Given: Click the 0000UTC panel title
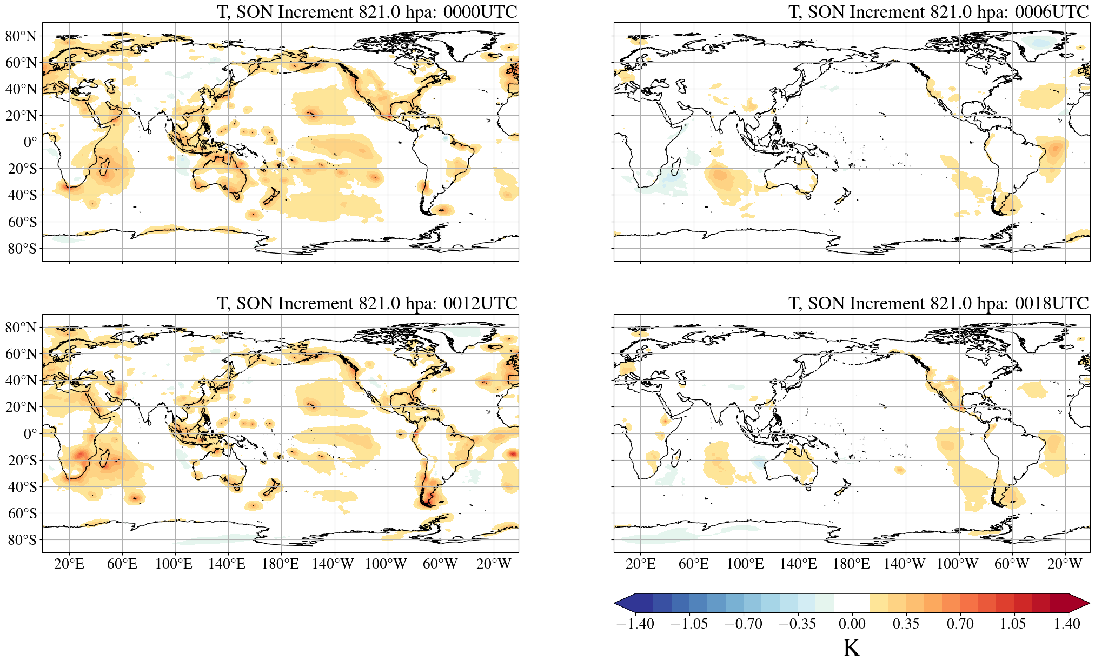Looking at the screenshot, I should click(367, 12).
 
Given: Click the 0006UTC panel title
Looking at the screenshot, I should click(938, 12).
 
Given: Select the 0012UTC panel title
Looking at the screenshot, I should click(367, 303).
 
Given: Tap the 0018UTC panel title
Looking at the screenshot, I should click(938, 303).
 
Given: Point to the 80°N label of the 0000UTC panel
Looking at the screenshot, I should click(21, 36).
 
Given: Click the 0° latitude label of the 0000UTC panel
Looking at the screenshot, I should click(30, 142).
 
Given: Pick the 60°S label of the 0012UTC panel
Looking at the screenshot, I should click(22, 513).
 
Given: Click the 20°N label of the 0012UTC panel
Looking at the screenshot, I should click(21, 407).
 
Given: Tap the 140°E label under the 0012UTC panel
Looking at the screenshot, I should click(227, 564).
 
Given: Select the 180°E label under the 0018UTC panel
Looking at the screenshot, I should click(851, 564).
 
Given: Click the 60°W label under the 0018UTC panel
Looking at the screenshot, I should click(1011, 564).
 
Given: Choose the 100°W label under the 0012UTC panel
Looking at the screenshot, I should click(386, 564).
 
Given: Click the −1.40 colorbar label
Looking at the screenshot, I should click(635, 624).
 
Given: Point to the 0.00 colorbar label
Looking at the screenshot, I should click(852, 624).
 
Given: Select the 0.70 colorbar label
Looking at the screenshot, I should click(960, 624).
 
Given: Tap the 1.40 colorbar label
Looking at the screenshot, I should click(1067, 624).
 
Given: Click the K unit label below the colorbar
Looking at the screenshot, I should click(851, 648).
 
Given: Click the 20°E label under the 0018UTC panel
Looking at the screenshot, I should click(640, 564).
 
